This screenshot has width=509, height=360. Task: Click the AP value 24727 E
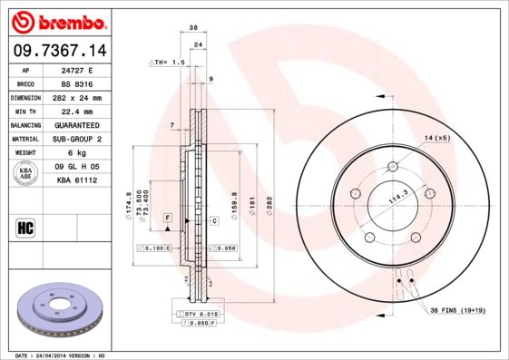click(x=77, y=69)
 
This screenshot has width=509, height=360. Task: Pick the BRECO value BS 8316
click(x=77, y=83)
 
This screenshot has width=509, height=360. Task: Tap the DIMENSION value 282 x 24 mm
click(x=77, y=97)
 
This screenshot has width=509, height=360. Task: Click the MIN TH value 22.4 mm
click(x=77, y=111)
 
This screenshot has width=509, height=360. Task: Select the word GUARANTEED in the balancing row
click(x=77, y=124)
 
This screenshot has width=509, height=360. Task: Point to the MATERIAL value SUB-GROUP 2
click(x=77, y=139)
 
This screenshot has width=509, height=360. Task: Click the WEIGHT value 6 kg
click(x=77, y=152)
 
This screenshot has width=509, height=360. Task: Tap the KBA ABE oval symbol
click(x=26, y=174)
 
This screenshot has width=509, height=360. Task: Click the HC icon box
click(x=26, y=227)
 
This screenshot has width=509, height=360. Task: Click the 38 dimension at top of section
click(x=193, y=27)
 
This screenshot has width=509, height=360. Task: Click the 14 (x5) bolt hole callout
click(x=437, y=137)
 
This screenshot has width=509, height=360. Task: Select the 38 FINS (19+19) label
click(x=458, y=311)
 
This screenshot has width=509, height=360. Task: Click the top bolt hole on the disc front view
click(x=392, y=167)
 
